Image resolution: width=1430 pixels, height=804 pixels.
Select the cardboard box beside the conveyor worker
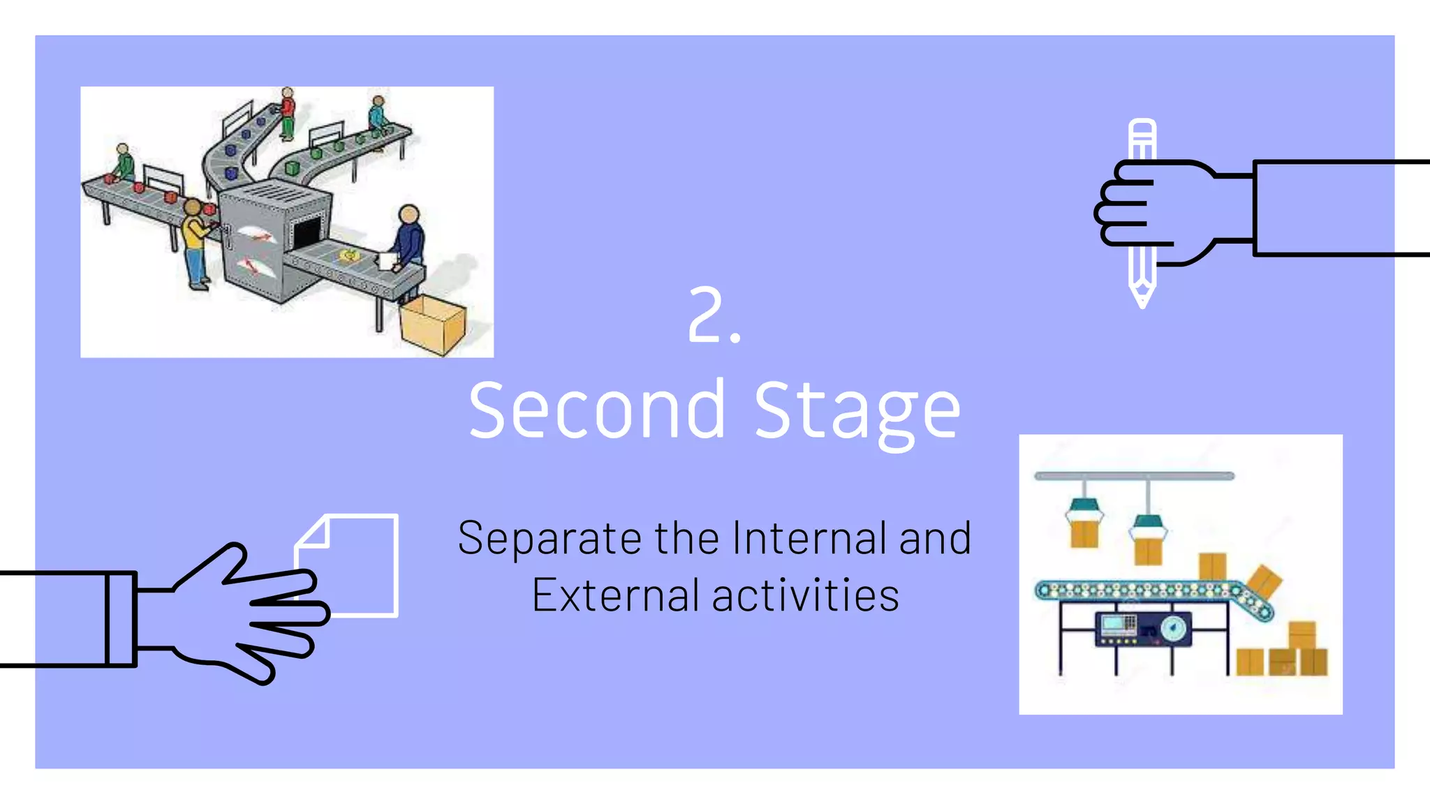433,325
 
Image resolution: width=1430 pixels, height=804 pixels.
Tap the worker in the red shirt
287,112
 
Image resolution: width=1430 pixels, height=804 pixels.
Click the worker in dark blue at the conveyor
409,241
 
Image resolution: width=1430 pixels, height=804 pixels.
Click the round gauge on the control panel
1174,628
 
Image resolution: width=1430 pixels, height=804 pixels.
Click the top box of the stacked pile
1302,634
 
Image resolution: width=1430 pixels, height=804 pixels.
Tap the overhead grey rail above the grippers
1134,476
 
